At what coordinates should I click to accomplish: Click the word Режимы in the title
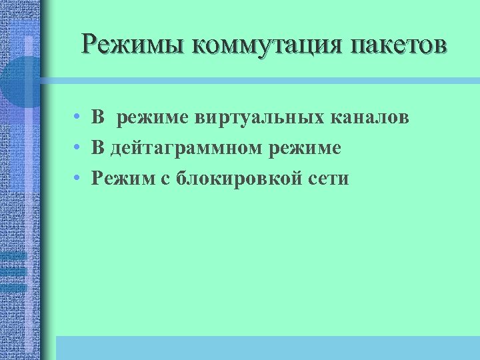point(131,45)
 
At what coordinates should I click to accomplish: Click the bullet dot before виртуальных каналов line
point(78,118)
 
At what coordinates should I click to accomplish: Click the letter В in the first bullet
point(98,117)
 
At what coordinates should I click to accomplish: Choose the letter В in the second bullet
point(98,148)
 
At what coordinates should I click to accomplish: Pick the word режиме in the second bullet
point(307,149)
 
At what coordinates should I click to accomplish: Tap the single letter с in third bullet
point(164,179)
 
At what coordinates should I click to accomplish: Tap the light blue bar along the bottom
point(267,347)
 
